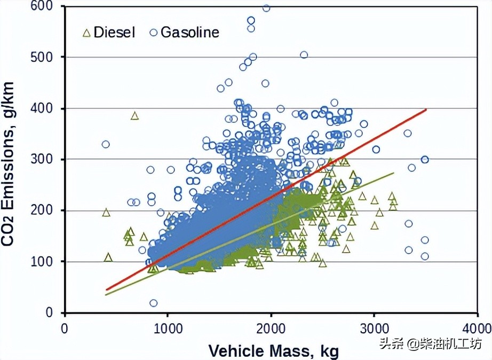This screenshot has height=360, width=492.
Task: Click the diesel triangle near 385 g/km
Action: click(x=134, y=115)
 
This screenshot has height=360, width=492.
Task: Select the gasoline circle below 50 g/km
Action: click(x=154, y=303)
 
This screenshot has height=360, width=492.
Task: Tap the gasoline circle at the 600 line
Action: click(x=266, y=7)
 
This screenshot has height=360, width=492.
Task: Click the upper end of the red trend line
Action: click(x=426, y=109)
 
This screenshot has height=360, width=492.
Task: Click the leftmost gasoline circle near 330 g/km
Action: click(x=106, y=144)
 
